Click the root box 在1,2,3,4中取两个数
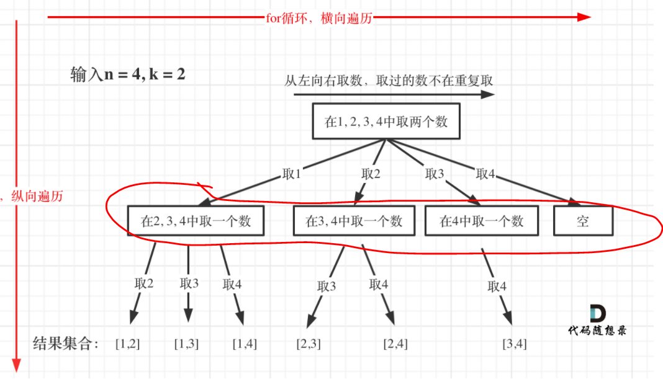(386, 122)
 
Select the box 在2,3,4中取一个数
(196, 221)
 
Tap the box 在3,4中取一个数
(354, 221)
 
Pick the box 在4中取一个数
(482, 221)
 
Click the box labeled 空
(582, 221)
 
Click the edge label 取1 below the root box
(289, 174)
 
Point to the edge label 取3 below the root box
(434, 174)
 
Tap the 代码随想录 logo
(597, 321)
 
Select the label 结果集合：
(66, 343)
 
